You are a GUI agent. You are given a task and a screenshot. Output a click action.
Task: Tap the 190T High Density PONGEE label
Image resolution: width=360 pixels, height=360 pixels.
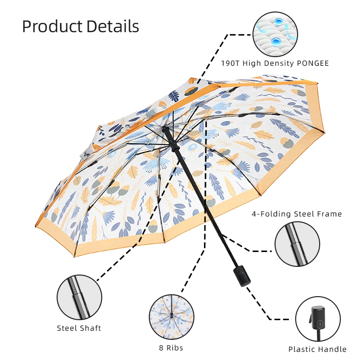[275, 63]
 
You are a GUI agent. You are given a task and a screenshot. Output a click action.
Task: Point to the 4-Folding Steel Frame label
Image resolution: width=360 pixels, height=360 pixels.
[297, 214]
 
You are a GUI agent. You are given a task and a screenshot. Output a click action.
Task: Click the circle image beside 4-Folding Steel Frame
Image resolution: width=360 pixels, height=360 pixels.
[298, 244]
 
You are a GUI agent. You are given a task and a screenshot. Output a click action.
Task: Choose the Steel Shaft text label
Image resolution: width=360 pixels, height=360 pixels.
[79, 328]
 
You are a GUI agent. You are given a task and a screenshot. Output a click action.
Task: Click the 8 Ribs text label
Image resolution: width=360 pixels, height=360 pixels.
[171, 348]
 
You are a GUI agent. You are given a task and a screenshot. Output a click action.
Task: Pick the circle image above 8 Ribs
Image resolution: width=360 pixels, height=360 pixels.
[171, 317]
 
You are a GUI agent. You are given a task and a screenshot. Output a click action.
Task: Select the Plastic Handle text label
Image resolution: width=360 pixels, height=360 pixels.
[317, 349]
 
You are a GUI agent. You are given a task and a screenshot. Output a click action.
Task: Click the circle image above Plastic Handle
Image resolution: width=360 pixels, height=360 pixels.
[317, 319]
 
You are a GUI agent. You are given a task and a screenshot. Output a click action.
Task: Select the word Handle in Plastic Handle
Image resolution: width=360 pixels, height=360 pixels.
[332, 349]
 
